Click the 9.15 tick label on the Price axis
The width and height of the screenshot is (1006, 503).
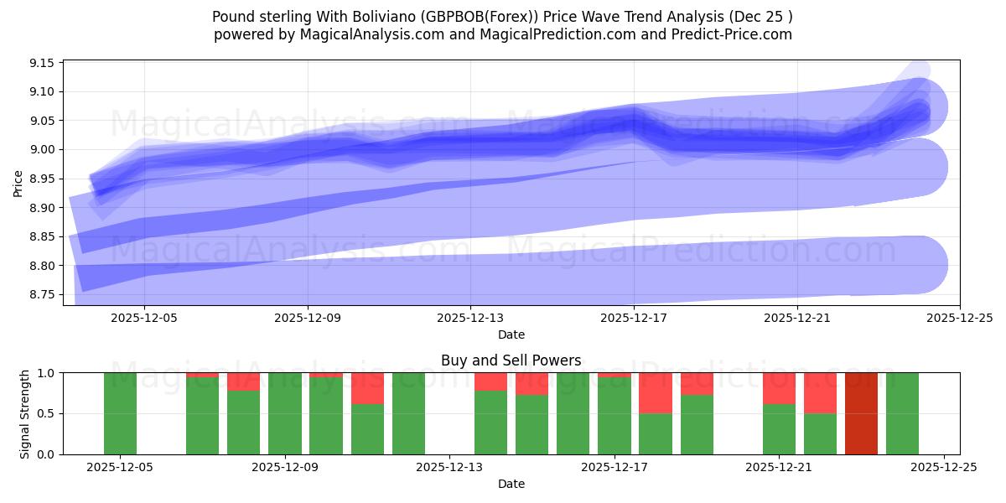pos(41,63)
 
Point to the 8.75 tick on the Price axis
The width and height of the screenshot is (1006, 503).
pos(41,295)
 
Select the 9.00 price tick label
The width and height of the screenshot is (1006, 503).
pos(41,150)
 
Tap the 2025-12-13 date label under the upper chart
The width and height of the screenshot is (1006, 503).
pos(470,319)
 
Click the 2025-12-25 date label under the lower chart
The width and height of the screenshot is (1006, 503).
pos(944,468)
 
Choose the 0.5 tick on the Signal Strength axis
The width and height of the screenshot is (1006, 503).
pos(44,413)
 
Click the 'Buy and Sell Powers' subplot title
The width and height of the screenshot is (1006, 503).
pos(511,360)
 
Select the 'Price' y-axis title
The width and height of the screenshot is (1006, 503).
pos(18,182)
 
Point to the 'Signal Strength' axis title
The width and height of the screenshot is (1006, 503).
pos(25,413)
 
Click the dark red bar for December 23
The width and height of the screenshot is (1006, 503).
pos(861,413)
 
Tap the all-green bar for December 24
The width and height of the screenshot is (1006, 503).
pos(902,413)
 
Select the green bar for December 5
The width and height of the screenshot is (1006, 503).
pos(120,413)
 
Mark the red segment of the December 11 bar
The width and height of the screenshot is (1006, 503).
pos(367,388)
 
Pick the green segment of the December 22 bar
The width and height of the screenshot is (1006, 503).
pos(820,433)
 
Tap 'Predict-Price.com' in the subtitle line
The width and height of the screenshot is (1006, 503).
pos(729,34)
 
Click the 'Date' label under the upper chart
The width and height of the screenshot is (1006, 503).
pos(511,334)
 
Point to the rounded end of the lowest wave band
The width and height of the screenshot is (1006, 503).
pos(922,265)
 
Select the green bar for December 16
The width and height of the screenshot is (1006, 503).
pos(573,413)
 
